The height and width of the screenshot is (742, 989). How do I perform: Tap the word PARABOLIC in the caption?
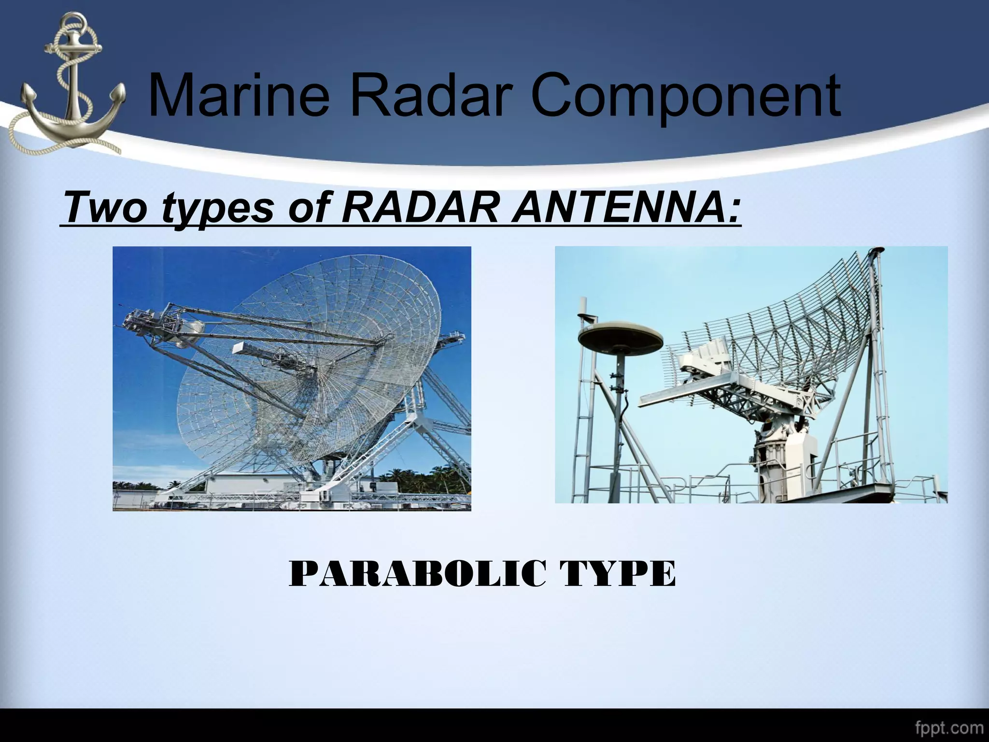[x=418, y=574]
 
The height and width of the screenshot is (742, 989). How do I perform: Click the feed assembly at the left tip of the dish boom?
[x=145, y=321]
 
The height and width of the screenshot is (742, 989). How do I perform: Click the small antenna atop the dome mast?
[x=582, y=309]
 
